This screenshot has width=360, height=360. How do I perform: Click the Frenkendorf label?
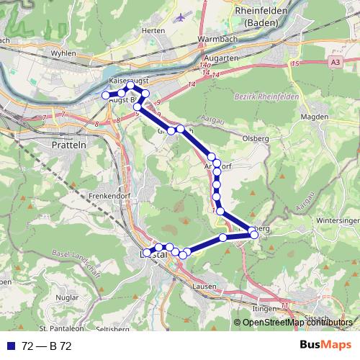pyautogui.click(x=89, y=195)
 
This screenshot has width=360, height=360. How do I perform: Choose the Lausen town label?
pyautogui.click(x=207, y=286)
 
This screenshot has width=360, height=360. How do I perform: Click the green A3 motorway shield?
pyautogui.click(x=335, y=63)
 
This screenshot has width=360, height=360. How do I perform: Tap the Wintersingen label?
pyautogui.click(x=337, y=220)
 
